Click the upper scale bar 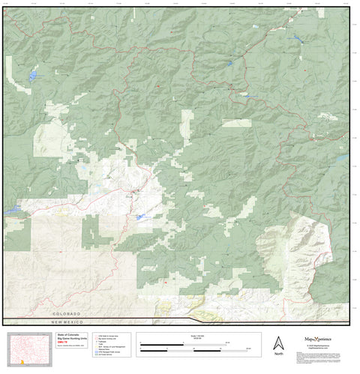193,345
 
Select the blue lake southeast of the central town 141,217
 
